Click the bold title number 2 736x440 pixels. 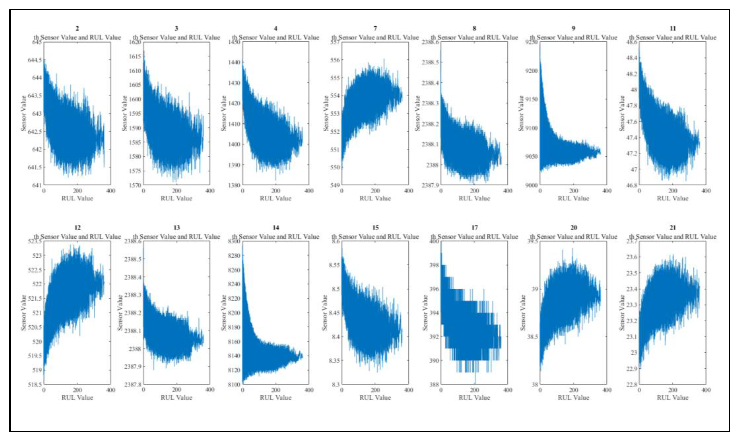click(x=77, y=28)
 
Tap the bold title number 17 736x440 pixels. click(x=474, y=228)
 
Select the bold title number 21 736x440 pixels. click(x=673, y=228)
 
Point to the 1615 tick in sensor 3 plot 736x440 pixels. click(x=135, y=56)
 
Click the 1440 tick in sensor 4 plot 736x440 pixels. click(x=234, y=62)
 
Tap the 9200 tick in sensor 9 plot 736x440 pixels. click(x=531, y=71)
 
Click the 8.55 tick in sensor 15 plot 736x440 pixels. click(x=334, y=265)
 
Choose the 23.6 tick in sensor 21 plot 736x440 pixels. click(x=631, y=257)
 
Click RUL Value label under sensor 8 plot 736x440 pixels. click(x=474, y=198)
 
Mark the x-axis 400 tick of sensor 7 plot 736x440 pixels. click(x=408, y=191)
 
